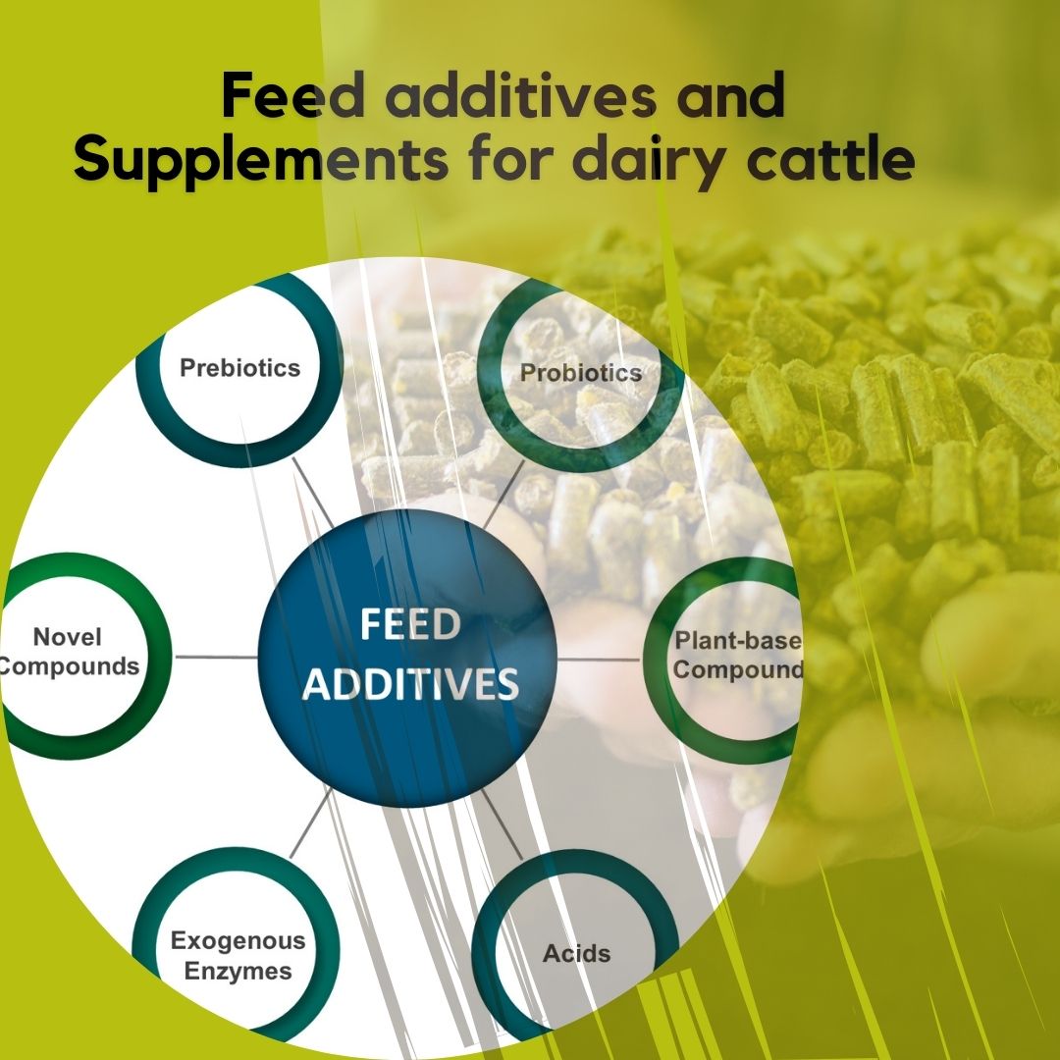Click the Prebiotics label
pos(239,368)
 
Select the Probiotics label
pos(581,373)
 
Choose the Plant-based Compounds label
pos(738,656)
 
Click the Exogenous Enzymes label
pos(238,956)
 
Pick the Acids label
pos(576,953)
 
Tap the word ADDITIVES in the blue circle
pos(409,685)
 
